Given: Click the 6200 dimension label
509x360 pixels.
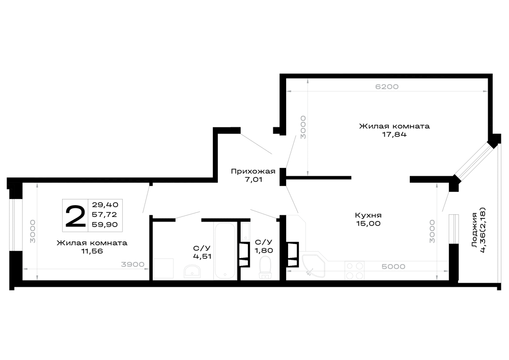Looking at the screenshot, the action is (x=387, y=87).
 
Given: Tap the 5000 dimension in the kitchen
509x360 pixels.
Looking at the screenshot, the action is (x=393, y=266).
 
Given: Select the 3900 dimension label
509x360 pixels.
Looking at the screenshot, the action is (x=132, y=265).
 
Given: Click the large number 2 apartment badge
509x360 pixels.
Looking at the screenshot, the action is (x=75, y=215).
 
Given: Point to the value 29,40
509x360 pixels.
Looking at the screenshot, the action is (x=105, y=205).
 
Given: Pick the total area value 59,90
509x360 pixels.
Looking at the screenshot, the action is (x=105, y=225).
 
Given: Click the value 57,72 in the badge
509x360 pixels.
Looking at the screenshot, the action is (x=104, y=214).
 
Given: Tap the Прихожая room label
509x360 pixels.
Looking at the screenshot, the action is (x=253, y=172).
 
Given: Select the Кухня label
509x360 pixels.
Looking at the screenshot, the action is (x=368, y=215).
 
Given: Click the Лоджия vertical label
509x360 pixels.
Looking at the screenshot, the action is (x=474, y=230).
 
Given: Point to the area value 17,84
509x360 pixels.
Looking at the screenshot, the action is (x=394, y=134).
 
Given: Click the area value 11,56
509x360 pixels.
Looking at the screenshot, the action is (x=92, y=251).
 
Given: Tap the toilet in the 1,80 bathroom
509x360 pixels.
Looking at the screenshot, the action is (x=266, y=267).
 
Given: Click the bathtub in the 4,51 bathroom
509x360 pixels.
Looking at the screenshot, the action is (x=224, y=251).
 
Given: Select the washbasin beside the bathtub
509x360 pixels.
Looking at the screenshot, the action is (x=192, y=271).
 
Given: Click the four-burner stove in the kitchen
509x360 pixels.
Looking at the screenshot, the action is (x=354, y=271).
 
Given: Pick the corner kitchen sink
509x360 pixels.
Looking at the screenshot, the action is (x=313, y=265).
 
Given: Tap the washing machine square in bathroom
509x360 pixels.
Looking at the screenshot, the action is (x=163, y=268).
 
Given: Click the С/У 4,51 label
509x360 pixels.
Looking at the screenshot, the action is (x=202, y=252).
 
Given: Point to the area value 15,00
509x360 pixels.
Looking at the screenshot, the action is (x=368, y=224).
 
